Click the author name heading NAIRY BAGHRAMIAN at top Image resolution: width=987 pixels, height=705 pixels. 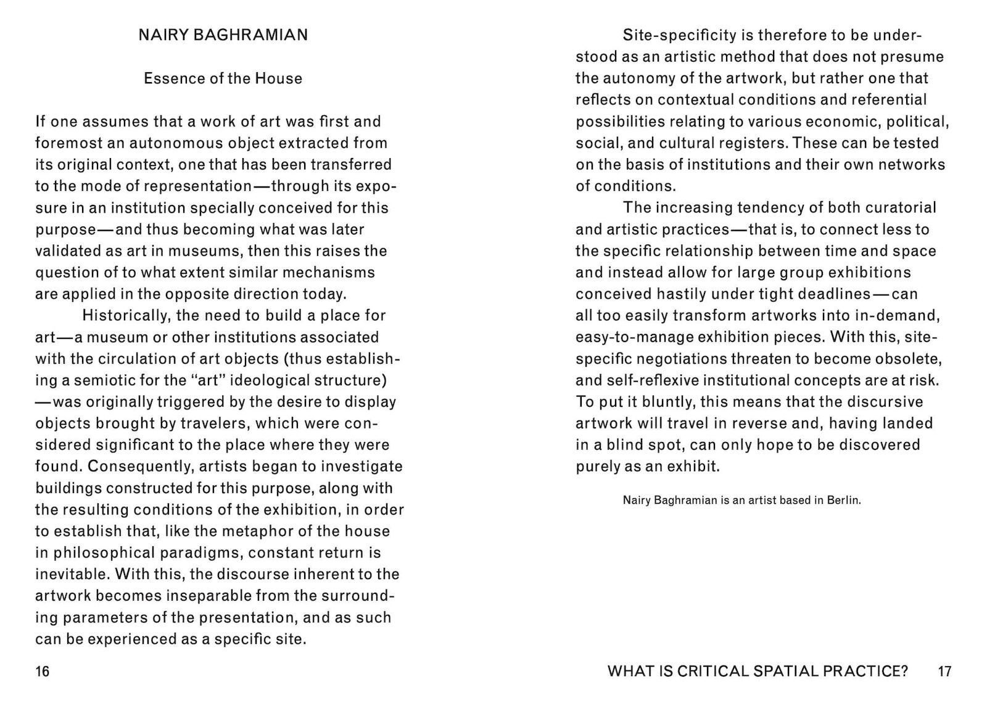(223, 35)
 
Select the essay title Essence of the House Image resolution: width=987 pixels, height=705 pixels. (223, 78)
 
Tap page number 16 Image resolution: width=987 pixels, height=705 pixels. (42, 671)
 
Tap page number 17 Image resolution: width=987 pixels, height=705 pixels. (944, 671)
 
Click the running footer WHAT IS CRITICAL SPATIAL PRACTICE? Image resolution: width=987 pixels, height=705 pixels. (758, 671)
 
